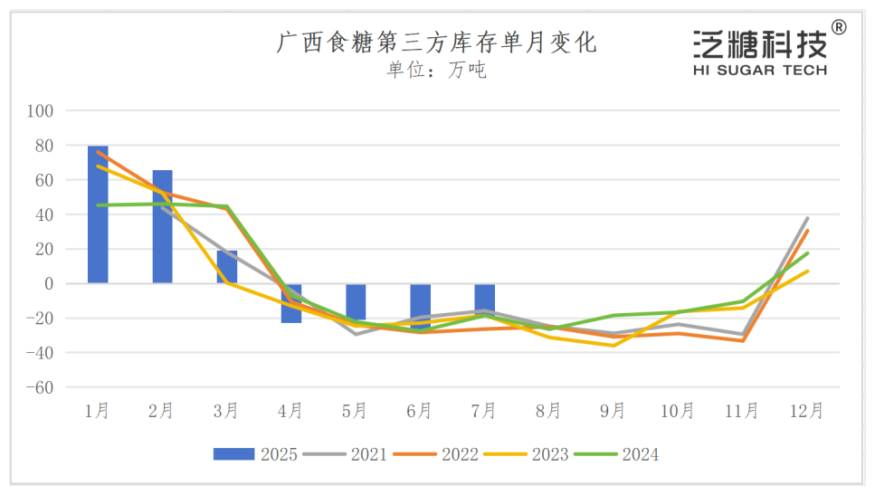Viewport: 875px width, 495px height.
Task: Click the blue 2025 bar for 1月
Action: click(98, 214)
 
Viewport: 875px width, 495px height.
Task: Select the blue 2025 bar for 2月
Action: click(162, 226)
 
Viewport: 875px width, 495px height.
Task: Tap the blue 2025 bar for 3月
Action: click(226, 267)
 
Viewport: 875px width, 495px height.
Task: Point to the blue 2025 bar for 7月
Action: click(484, 300)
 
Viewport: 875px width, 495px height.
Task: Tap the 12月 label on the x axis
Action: click(806, 411)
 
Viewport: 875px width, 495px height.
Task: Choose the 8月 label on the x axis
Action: click(548, 411)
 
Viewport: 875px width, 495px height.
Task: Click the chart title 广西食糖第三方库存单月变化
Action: click(436, 43)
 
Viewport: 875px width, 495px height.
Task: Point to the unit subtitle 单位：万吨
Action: click(436, 71)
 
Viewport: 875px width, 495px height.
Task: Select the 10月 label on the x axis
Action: click(677, 411)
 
